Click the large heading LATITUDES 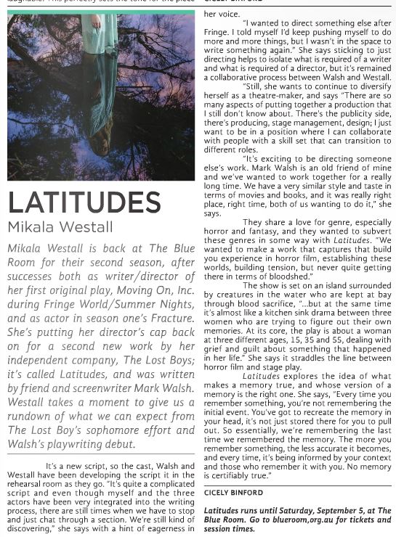point(84,202)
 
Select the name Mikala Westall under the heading point(60,227)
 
